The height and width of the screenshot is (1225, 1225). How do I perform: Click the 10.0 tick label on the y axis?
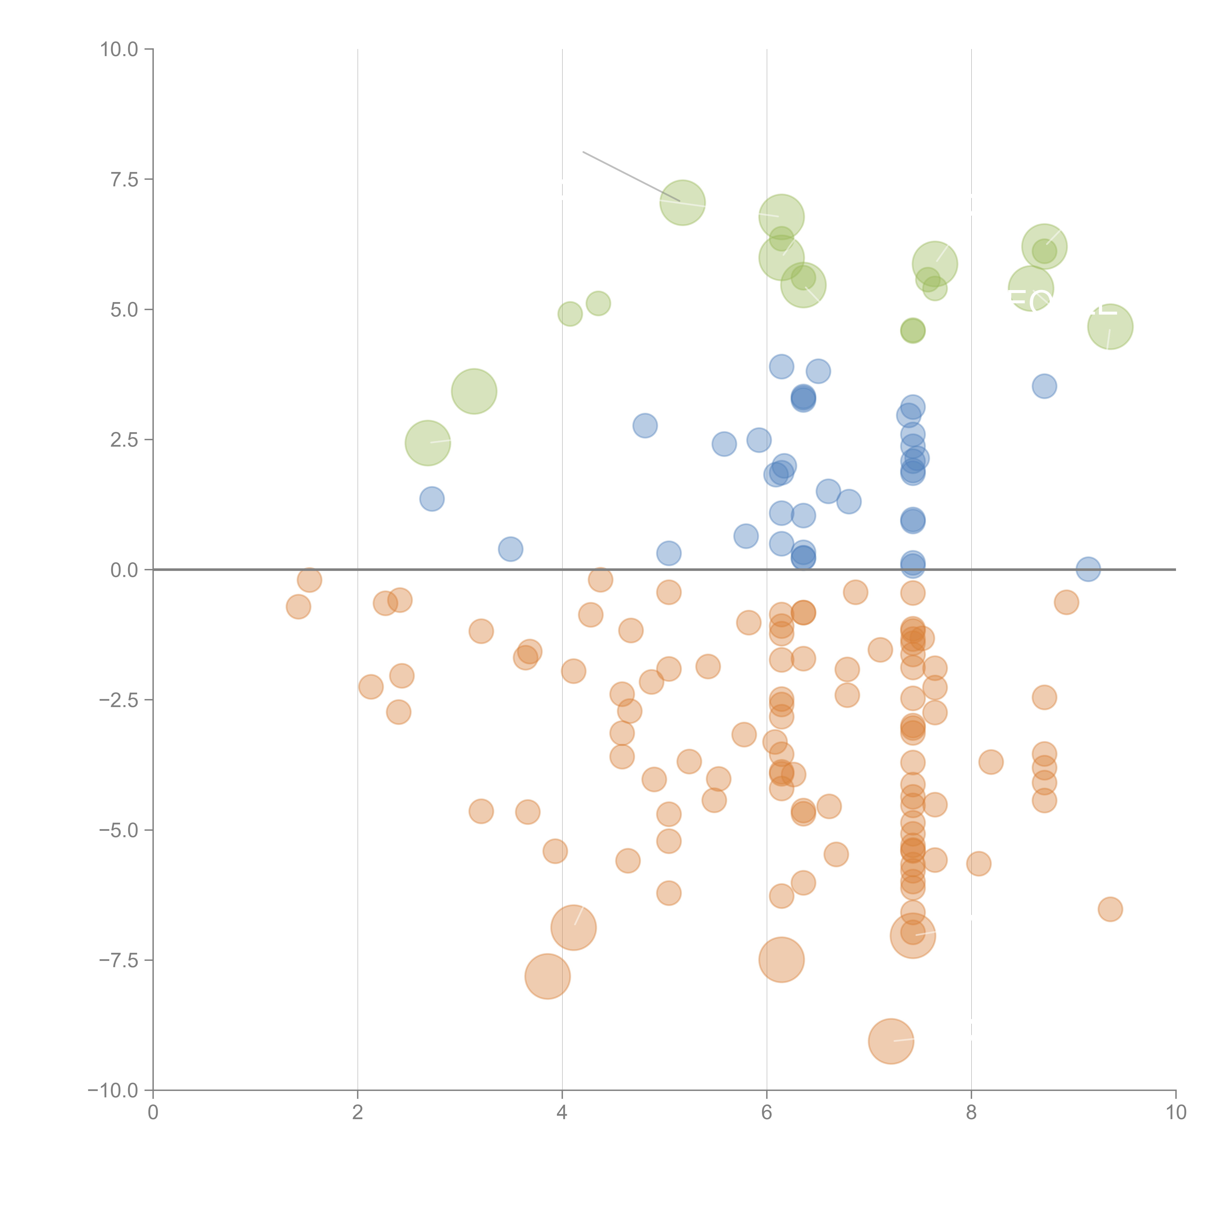click(x=119, y=49)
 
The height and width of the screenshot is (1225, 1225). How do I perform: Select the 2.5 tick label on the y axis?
click(x=124, y=440)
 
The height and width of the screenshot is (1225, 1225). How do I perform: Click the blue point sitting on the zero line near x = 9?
click(x=1088, y=569)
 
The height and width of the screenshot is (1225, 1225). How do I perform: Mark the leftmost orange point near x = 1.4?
click(x=298, y=607)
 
